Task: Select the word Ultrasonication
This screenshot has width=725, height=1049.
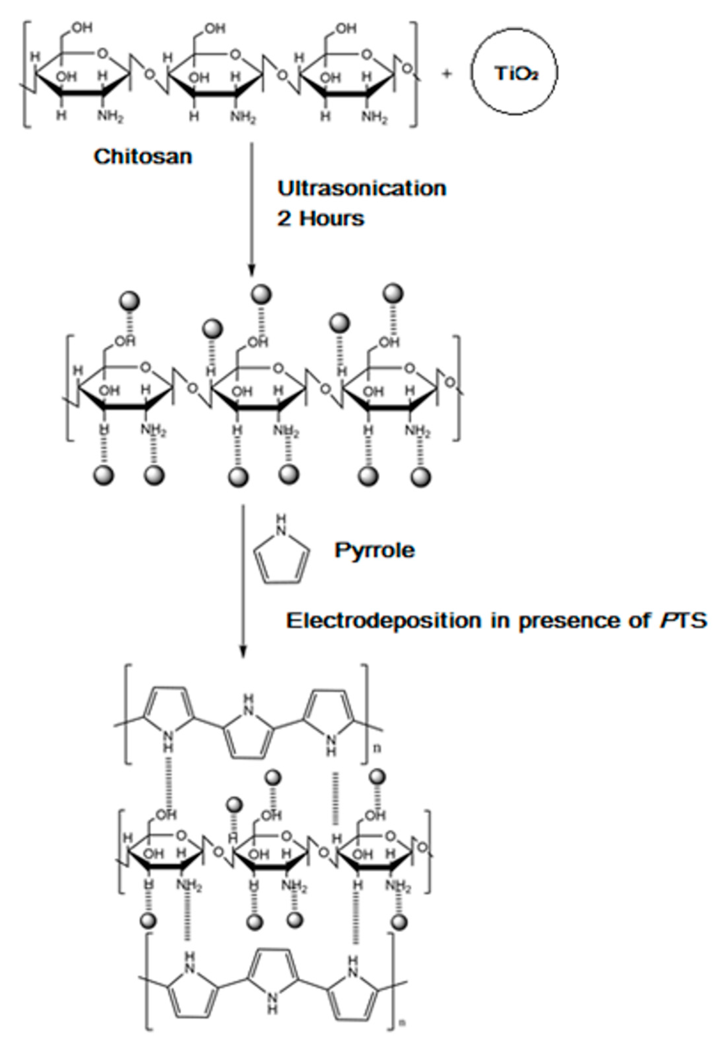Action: tap(362, 188)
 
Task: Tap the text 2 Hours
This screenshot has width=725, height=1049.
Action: tap(321, 219)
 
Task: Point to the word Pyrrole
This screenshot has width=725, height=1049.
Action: tap(374, 551)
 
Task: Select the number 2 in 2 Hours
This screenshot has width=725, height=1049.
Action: tap(283, 219)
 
